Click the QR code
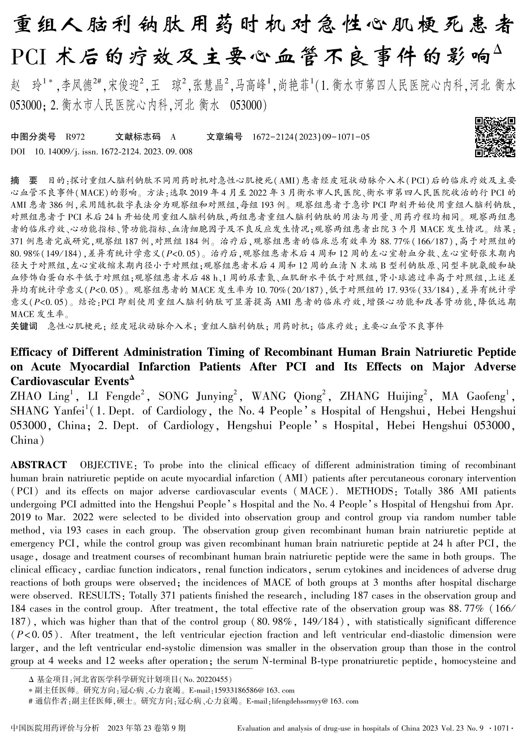(x=495, y=137)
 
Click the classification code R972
(x=75, y=137)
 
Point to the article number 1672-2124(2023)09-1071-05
(x=311, y=137)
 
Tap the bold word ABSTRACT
(x=39, y=465)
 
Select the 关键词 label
(x=24, y=326)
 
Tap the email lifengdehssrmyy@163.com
(x=314, y=701)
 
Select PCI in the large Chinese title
(x=29, y=57)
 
